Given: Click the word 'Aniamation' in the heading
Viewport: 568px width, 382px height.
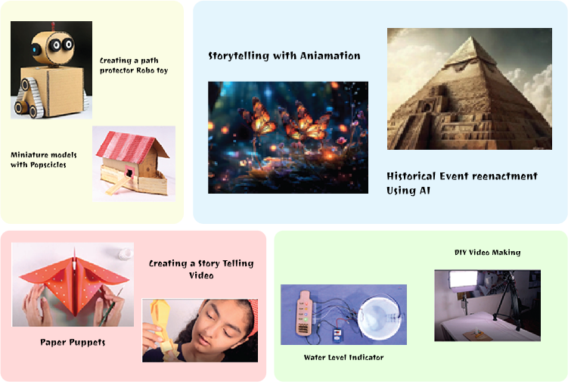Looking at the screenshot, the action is [x=330, y=56].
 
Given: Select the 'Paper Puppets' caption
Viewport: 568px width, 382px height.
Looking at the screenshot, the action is [x=73, y=343].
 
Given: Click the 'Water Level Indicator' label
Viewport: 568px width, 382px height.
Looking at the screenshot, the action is [x=344, y=357].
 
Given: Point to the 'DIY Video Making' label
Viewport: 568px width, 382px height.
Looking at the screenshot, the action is [x=488, y=252].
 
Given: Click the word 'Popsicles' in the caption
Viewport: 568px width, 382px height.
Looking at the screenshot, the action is [x=48, y=165].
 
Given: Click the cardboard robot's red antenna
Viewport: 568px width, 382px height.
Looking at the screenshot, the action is [x=53, y=26].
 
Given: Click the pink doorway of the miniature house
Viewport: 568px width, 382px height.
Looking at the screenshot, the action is [x=129, y=171].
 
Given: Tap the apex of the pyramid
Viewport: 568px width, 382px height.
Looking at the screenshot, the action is [x=471, y=36].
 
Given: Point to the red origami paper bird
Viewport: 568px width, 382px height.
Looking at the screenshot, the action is [x=74, y=282].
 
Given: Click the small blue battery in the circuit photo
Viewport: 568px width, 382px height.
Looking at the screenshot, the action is [x=337, y=335].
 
